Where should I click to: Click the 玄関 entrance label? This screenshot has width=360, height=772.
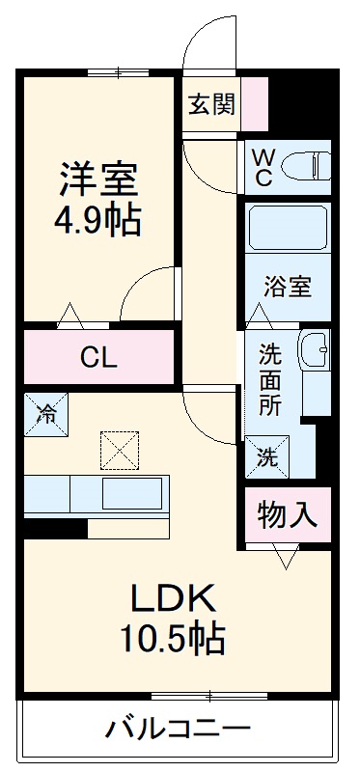pyautogui.click(x=210, y=104)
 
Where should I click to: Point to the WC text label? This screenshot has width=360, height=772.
pyautogui.click(x=263, y=166)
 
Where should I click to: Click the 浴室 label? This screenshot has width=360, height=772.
pyautogui.click(x=288, y=287)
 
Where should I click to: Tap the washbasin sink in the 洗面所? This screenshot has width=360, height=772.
pyautogui.click(x=314, y=348)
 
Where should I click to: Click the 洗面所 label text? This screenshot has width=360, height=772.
pyautogui.click(x=270, y=379)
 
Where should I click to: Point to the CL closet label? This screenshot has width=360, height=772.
pyautogui.click(x=98, y=359)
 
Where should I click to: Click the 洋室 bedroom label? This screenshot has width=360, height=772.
pyautogui.click(x=98, y=179)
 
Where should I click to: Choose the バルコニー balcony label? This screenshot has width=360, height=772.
pyautogui.click(x=179, y=727)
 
